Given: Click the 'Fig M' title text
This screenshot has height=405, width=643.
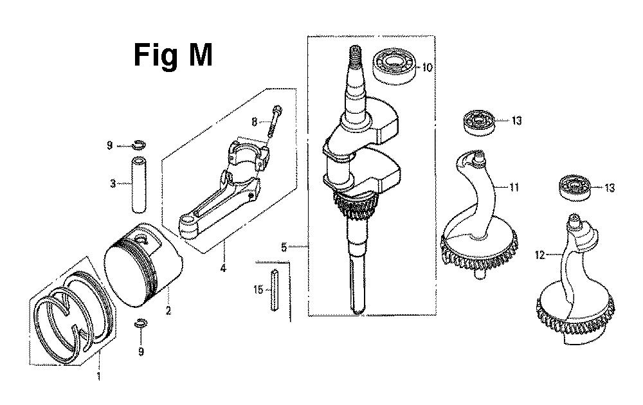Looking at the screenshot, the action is (173, 55).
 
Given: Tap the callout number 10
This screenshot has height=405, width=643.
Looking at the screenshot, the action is (427, 67).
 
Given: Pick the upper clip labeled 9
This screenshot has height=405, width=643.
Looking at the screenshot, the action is (139, 145).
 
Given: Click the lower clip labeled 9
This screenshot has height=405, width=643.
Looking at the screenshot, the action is (141, 324).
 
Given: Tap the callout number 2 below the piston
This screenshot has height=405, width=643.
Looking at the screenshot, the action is (168, 310).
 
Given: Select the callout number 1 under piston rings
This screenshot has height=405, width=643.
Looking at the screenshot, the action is (98, 376).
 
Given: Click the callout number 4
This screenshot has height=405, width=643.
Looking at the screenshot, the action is (223, 269).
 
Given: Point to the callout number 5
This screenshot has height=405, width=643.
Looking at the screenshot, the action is (284, 248).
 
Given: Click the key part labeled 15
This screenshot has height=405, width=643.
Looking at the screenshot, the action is (275, 290).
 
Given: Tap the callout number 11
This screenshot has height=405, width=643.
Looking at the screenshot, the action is (514, 187).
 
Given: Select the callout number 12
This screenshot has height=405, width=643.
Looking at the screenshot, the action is (540, 255).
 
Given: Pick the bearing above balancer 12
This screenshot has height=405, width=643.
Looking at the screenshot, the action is (574, 187).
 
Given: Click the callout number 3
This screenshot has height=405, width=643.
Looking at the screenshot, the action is (113, 183).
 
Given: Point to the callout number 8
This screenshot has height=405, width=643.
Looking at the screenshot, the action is (254, 122).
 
